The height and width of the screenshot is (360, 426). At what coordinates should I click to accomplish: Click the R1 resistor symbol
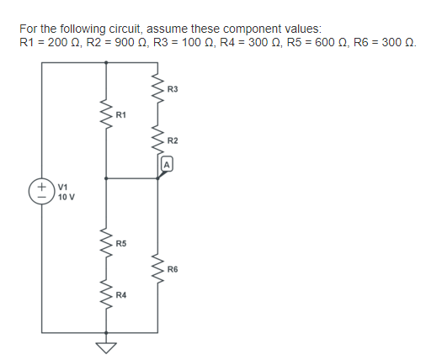pyautogui.click(x=105, y=114)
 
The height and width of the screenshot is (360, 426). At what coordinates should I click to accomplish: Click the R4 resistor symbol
pyautogui.click(x=105, y=294)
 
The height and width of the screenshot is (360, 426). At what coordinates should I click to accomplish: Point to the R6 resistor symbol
pyautogui.click(x=157, y=268)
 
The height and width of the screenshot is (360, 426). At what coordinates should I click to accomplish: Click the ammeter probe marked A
pyautogui.click(x=167, y=165)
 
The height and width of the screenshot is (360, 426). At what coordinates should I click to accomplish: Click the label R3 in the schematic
pyautogui.click(x=173, y=88)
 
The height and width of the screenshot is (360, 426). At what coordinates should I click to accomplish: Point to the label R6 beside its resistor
pyautogui.click(x=173, y=269)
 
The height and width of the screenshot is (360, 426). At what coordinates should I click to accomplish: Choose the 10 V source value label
pyautogui.click(x=67, y=197)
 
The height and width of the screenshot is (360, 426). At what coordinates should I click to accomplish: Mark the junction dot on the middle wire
pyautogui.click(x=105, y=178)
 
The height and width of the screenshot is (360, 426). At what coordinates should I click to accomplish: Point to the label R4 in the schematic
pyautogui.click(x=121, y=295)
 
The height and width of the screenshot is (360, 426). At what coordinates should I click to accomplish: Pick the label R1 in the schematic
pyautogui.click(x=121, y=114)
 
